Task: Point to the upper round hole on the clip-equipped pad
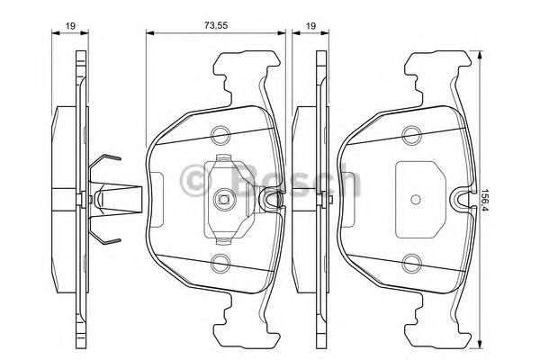pos(219,136)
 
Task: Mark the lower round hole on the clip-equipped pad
pos(219,264)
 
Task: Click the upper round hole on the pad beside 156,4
pos(413,136)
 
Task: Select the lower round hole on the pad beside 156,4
pos(413,264)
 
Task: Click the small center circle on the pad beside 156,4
pos(414,200)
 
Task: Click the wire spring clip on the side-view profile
pos(106,200)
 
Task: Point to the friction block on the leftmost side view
pos(64,200)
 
